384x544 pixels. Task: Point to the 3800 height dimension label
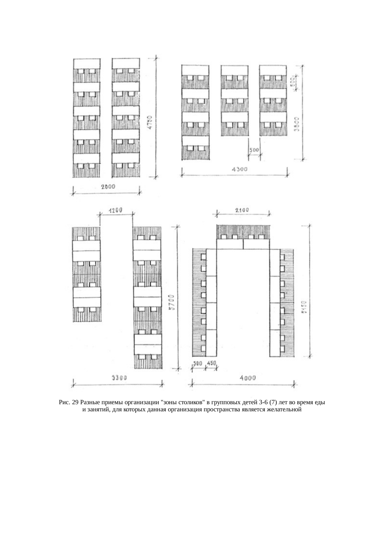pyautogui.click(x=296, y=124)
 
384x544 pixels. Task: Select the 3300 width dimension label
pyautogui.click(x=119, y=378)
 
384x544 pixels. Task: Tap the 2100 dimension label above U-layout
pyautogui.click(x=242, y=210)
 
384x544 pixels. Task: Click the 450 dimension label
pyautogui.click(x=211, y=363)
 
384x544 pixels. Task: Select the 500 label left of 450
pyautogui.click(x=198, y=363)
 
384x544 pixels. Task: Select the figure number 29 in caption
pyautogui.click(x=75, y=403)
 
